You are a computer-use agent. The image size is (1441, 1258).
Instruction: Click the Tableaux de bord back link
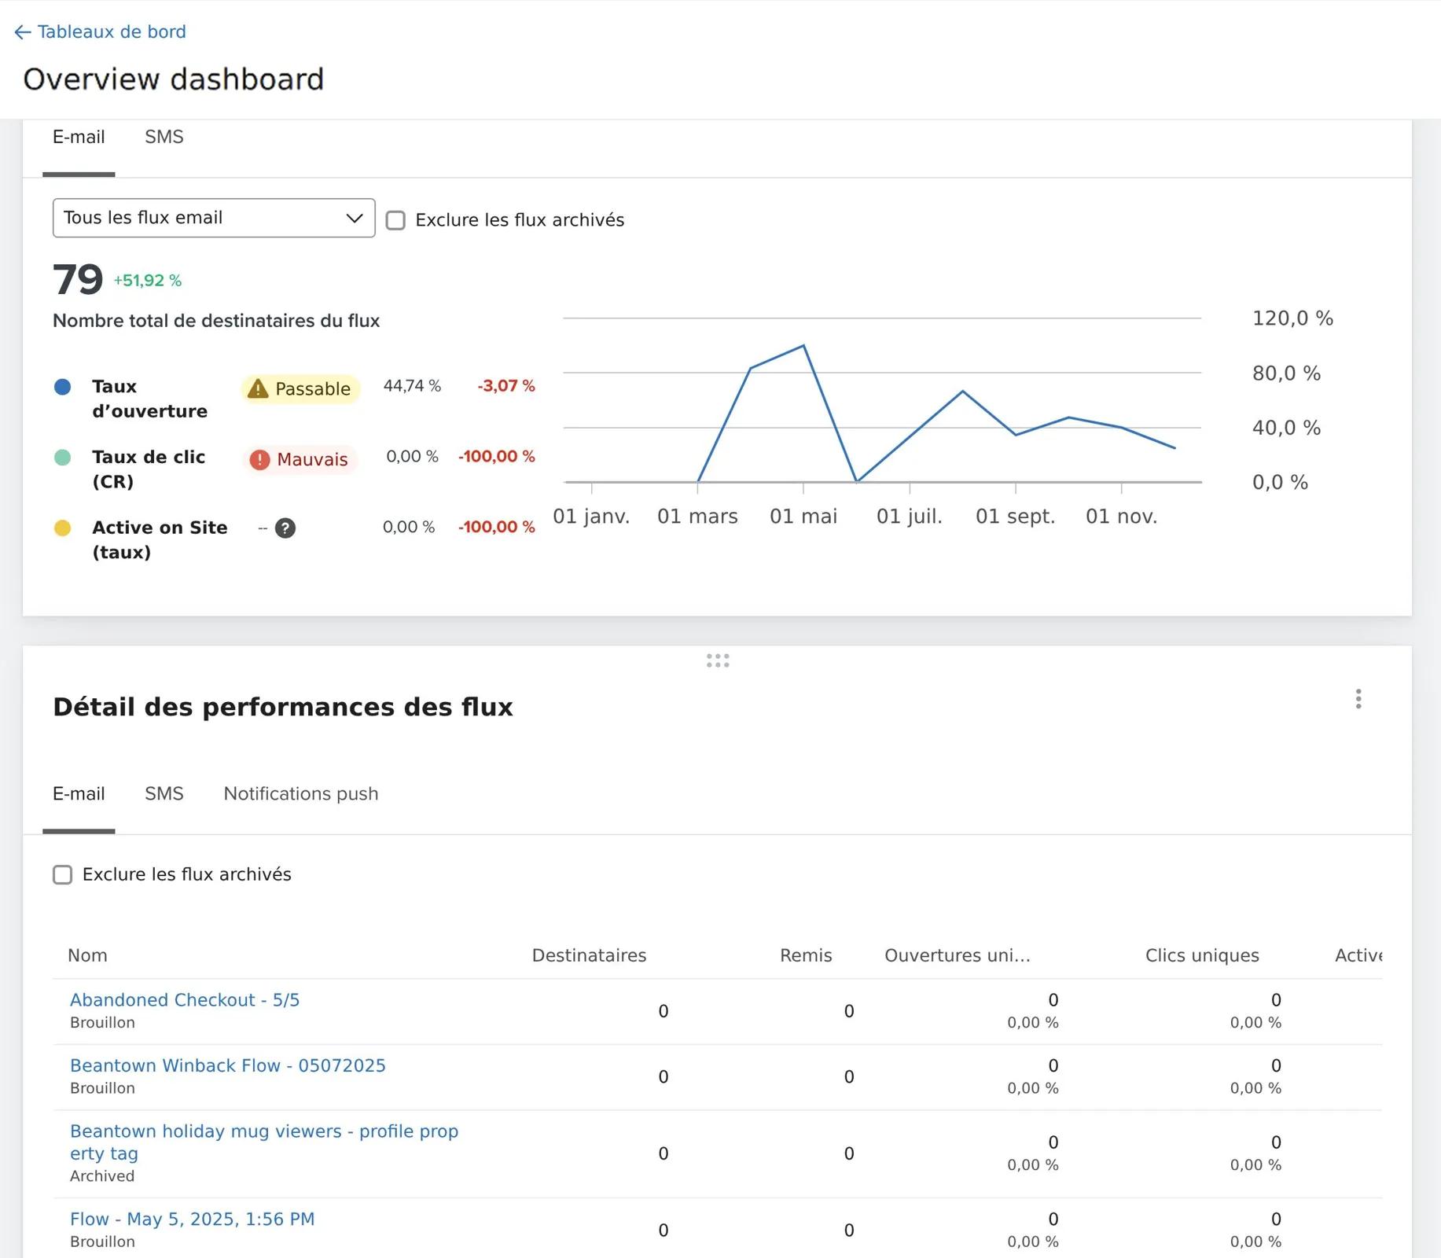coord(101,31)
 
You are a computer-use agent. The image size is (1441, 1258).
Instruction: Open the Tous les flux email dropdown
coord(214,218)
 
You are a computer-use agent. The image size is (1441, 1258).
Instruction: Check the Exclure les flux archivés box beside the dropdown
coord(395,220)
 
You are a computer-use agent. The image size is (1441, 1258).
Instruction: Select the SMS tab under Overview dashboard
coord(164,137)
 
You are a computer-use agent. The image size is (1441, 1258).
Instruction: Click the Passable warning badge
coord(300,388)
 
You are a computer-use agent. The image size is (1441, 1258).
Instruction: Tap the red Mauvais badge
coord(300,459)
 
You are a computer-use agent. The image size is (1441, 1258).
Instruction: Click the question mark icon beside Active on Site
coord(285,528)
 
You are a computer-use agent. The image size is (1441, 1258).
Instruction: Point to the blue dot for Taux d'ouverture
coord(62,387)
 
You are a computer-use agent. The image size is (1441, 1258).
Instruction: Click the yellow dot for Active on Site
coord(62,528)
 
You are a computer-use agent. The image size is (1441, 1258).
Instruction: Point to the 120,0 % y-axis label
coord(1292,318)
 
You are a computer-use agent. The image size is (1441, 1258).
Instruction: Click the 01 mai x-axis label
coord(803,517)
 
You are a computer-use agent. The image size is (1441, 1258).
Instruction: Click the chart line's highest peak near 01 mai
coord(803,345)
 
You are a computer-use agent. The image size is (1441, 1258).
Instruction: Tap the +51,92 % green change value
coord(148,281)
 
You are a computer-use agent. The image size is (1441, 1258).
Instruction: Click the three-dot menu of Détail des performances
coord(1358,699)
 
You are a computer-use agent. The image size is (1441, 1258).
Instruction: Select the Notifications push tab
coord(301,794)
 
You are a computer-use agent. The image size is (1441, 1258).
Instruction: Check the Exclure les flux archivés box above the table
coord(62,875)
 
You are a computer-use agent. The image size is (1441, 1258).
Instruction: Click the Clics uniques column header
coord(1202,955)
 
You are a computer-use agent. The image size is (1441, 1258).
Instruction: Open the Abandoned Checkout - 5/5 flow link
coord(185,1000)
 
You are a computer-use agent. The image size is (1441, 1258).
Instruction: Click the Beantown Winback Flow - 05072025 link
coord(228,1066)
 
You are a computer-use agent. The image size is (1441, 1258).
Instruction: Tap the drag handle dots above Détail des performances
coord(718,661)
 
